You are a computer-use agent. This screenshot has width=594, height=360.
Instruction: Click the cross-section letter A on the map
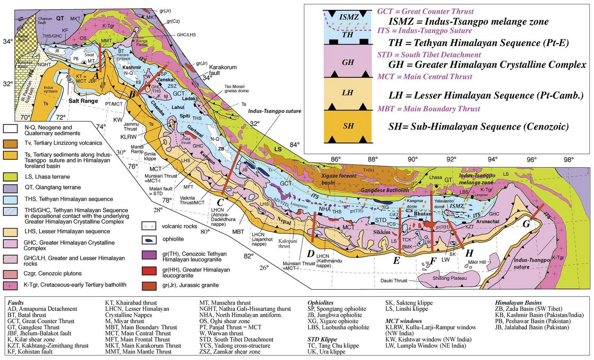point(96,75)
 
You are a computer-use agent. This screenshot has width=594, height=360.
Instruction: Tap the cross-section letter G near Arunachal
point(526,224)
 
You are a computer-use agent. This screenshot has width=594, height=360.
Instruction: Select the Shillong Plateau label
point(450,278)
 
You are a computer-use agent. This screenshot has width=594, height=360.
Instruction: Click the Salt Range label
point(84,101)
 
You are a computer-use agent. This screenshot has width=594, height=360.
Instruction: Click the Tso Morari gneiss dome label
point(236,89)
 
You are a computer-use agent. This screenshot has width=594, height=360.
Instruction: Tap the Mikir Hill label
point(477,262)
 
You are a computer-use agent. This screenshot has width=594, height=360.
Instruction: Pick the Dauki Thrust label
point(394,280)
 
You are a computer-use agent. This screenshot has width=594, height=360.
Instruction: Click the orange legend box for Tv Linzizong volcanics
point(10,143)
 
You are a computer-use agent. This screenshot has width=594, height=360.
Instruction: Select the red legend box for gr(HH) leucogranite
point(149,270)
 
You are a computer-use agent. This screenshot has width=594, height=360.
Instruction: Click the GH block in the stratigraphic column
point(348,62)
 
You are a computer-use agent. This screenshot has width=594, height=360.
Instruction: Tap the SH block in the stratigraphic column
point(348,126)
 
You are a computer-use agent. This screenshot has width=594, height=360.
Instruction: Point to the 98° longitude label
point(568,160)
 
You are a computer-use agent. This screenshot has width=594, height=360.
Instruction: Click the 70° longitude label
point(25,117)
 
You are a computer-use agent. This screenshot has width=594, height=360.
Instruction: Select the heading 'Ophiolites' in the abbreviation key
point(320,303)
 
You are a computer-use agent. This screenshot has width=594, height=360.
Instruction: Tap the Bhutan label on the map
point(422,214)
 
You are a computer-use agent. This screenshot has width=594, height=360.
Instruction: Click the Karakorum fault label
point(223,70)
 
